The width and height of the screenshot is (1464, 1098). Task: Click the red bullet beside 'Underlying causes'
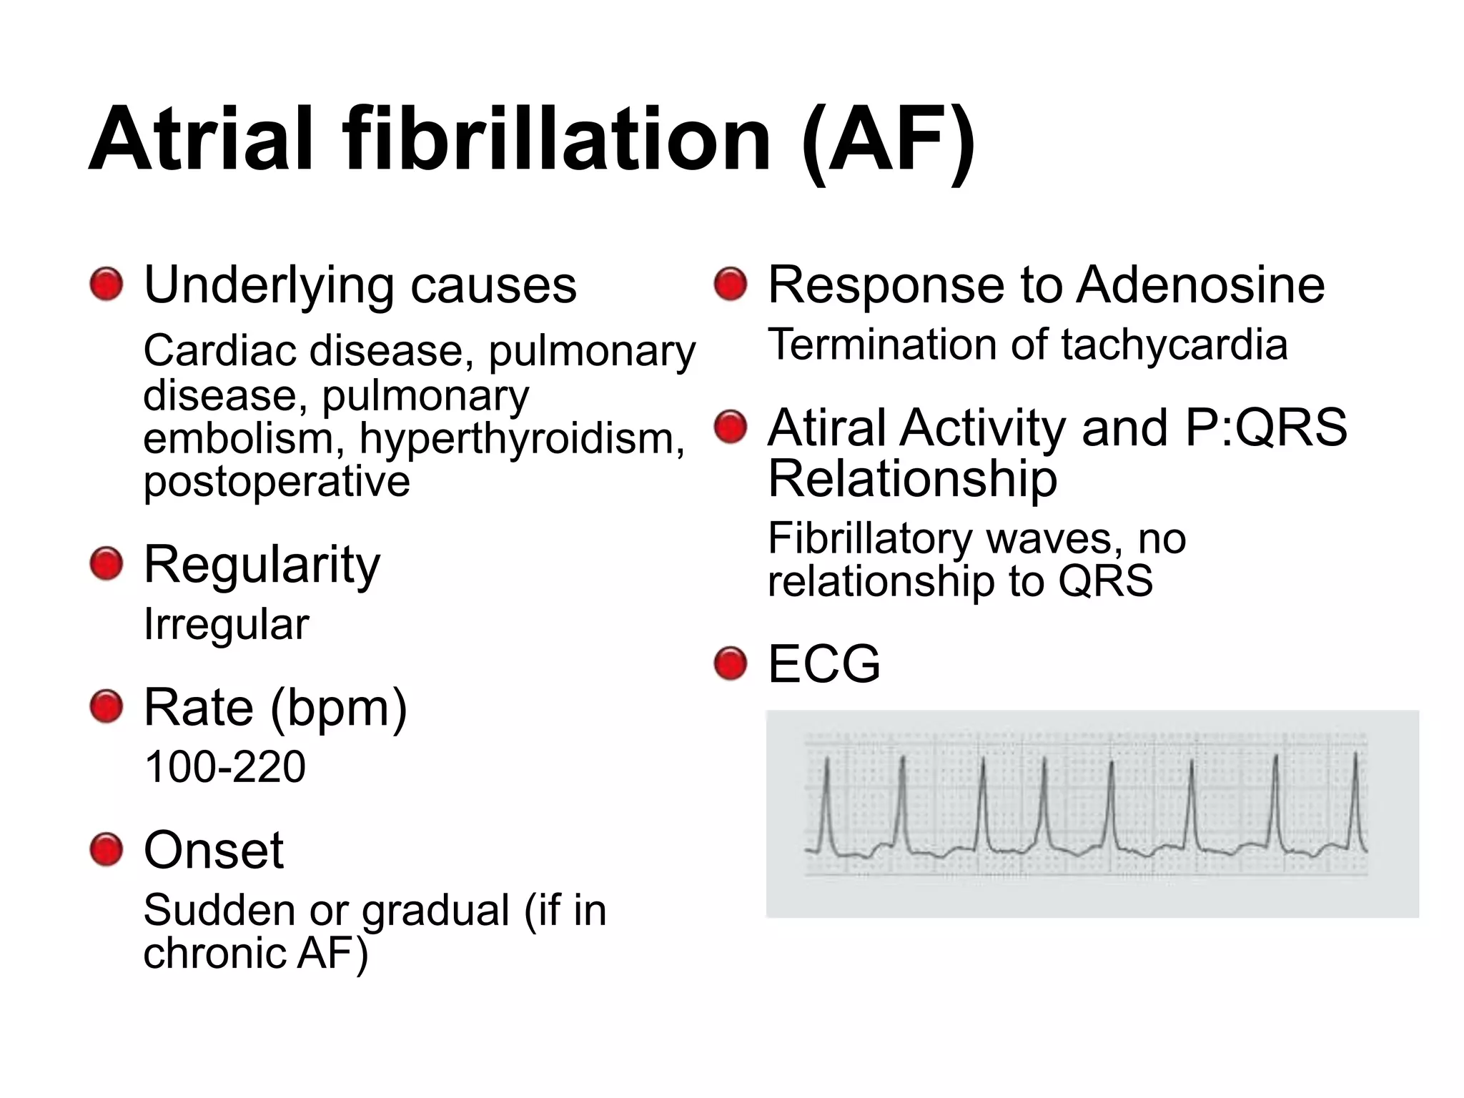coord(107,285)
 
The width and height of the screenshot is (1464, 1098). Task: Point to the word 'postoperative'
coord(277,481)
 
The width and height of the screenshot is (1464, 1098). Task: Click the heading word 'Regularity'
coord(262,565)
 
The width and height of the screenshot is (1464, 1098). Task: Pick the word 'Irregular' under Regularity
coord(226,624)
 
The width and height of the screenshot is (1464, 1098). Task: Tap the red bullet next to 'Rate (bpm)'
coord(107,707)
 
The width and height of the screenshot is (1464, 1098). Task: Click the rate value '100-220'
coord(224,766)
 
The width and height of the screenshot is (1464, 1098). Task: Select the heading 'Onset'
coord(213,850)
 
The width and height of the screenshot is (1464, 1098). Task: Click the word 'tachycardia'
coord(1174,345)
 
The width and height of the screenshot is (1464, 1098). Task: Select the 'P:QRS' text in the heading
coord(1265,427)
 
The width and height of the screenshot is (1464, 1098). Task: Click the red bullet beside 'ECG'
coord(731,663)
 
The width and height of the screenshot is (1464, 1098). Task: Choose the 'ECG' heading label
coord(823,663)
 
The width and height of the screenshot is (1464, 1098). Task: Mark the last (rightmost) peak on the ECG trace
coord(1355,755)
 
